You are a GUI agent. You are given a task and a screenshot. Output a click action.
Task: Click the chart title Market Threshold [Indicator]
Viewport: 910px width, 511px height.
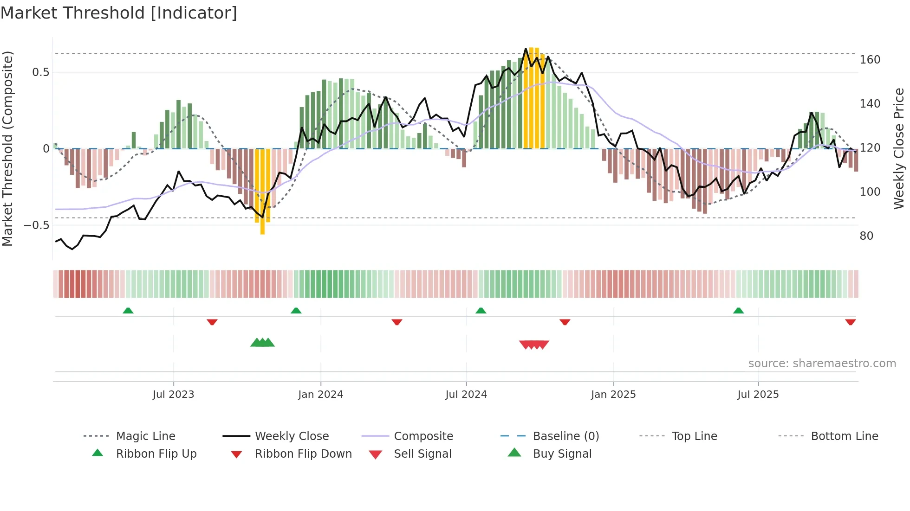coord(119,13)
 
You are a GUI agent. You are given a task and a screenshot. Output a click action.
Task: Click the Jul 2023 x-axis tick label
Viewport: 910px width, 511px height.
coord(173,395)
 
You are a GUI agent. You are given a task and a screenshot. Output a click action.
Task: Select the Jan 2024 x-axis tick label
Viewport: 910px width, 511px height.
coord(320,395)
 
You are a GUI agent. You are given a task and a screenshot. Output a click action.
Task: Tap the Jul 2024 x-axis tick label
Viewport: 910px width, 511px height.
coord(466,395)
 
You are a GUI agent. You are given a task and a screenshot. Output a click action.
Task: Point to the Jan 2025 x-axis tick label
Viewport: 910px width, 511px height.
coord(613,395)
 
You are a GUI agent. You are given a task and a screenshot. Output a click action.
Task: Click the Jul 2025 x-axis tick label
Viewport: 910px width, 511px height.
coord(758,395)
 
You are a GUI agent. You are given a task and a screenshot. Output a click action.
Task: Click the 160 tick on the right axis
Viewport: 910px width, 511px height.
coord(870,60)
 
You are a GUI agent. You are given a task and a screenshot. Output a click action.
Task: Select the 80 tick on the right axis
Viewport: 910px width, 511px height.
coord(866,236)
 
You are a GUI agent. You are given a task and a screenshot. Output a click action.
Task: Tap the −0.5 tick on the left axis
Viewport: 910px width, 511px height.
coord(36,225)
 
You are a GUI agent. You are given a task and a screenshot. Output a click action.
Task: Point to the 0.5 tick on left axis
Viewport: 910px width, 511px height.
coord(40,72)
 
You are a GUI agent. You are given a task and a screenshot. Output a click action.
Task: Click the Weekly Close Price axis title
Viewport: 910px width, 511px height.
coord(899,148)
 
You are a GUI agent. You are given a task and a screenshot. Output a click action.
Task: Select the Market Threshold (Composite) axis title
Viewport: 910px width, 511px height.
coord(7,148)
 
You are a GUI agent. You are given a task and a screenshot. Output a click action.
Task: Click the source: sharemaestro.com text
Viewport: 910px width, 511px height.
coord(822,364)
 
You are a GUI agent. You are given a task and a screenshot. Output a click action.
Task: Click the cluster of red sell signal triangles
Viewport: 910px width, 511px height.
coord(534,345)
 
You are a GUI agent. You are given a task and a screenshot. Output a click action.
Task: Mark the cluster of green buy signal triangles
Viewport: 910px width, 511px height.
coord(262,343)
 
